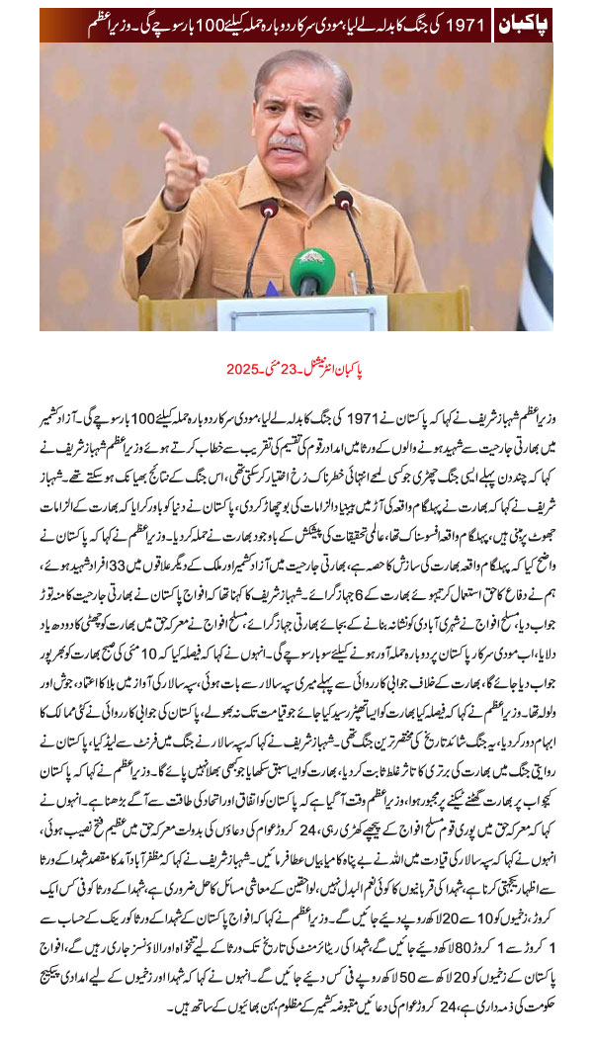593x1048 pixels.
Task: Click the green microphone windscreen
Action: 311,270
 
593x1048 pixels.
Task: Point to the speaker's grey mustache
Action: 288,143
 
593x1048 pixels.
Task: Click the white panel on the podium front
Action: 288,313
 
